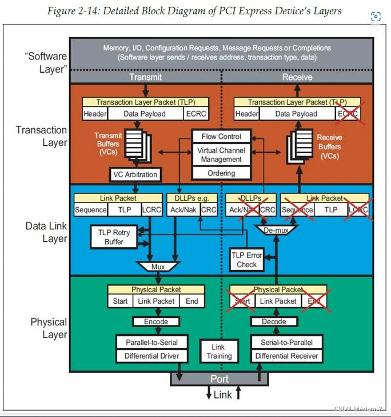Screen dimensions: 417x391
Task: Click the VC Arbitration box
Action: pyautogui.click(x=135, y=174)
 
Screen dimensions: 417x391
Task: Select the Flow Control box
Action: pyautogui.click(x=221, y=137)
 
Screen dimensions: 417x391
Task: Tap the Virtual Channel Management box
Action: pyautogui.click(x=221, y=155)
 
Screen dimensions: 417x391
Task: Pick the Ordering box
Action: pyautogui.click(x=221, y=173)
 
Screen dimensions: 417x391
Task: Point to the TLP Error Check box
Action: pyautogui.click(x=247, y=259)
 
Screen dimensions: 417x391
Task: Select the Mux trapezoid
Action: pyautogui.click(x=158, y=267)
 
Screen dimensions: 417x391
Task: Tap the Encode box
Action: pyautogui.click(x=156, y=321)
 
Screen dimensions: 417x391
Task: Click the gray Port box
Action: pyautogui.click(x=220, y=379)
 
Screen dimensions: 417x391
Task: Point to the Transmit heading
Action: pyautogui.click(x=145, y=77)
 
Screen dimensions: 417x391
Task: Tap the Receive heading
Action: pyautogui.click(x=297, y=77)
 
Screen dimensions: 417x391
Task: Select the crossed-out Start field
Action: pyautogui.click(x=242, y=301)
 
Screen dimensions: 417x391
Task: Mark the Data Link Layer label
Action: pyautogui.click(x=46, y=232)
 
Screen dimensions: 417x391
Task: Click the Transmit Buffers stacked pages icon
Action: pyautogui.click(x=136, y=142)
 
